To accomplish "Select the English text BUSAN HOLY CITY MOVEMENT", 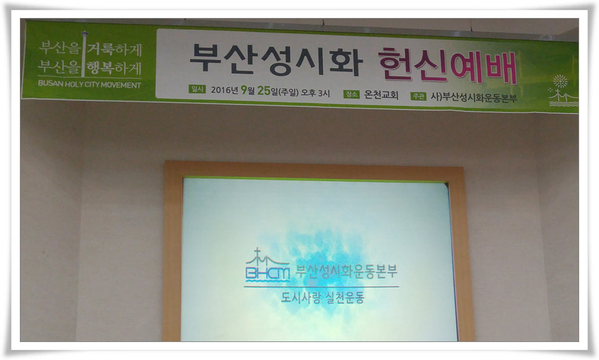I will (x=89, y=84).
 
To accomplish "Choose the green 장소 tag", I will (x=352, y=94).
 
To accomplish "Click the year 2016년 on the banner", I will (x=224, y=90).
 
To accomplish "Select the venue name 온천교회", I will (x=381, y=95).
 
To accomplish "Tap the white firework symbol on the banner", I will (x=560, y=81).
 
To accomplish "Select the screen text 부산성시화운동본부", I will (x=347, y=271).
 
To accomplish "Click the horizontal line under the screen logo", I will (x=321, y=287).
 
